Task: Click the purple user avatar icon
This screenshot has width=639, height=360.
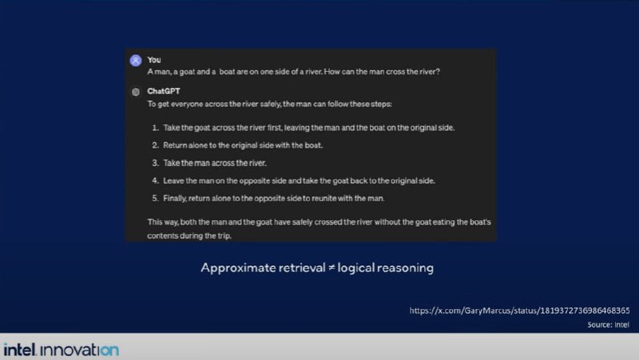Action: pos(136,61)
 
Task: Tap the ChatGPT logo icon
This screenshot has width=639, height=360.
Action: pos(136,92)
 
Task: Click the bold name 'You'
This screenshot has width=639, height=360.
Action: pos(154,60)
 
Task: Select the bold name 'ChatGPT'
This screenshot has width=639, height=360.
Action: pos(164,91)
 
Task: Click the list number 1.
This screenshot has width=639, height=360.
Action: pos(155,128)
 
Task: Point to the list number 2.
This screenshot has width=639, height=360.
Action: pos(155,145)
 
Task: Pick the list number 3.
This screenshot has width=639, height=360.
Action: pos(155,164)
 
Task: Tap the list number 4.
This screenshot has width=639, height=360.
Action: pos(155,181)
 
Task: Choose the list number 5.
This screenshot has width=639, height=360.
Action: pos(155,198)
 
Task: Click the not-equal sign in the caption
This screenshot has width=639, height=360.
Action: pos(331,268)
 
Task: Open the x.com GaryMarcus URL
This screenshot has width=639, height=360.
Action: pos(520,311)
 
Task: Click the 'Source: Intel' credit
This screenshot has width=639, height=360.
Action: pos(608,325)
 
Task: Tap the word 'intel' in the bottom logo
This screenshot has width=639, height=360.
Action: pos(19,350)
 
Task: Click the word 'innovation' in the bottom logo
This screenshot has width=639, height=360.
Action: pos(80,350)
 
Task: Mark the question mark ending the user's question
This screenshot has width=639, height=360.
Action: pos(438,72)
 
